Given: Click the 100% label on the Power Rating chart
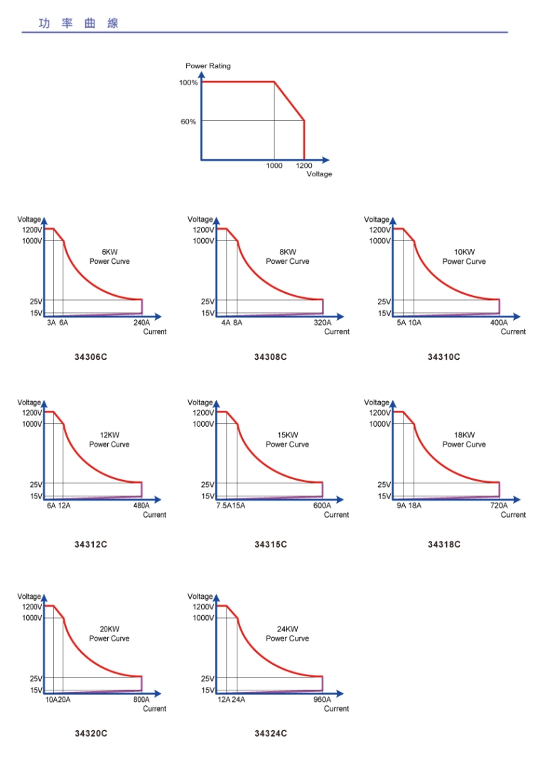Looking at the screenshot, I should [188, 82].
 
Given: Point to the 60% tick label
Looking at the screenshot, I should [188, 122].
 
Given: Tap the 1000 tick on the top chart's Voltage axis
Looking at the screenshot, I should [274, 166].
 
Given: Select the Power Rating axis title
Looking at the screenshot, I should [208, 66].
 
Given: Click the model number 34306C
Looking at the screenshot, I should [91, 356].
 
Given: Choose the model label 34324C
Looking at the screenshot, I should [271, 733].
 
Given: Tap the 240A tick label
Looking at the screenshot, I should [141, 322].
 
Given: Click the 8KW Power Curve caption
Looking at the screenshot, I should [288, 257].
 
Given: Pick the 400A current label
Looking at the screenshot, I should [499, 322].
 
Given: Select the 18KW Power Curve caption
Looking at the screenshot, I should [464, 439].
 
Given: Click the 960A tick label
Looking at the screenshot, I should [323, 700].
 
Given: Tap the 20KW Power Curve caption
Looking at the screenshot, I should [109, 634].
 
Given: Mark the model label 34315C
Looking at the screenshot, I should [271, 545].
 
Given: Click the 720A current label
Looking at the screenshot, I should [499, 506].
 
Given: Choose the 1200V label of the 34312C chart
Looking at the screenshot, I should [32, 413].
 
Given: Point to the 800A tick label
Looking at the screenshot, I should [141, 700].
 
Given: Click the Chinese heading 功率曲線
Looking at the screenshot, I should [79, 23].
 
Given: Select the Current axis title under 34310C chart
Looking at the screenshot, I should [513, 332].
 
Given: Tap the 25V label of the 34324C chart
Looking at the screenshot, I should [207, 678].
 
